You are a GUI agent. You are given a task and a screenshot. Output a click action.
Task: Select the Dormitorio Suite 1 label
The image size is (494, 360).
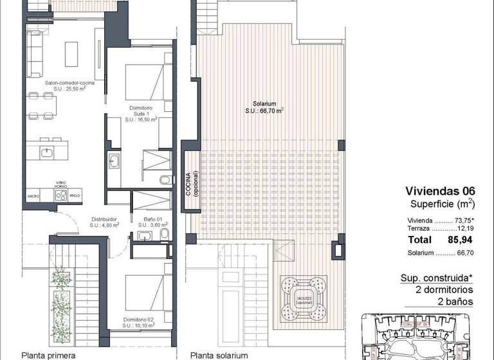click(x=141, y=113)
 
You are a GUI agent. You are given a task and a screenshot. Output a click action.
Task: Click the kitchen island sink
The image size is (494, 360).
click(x=48, y=152)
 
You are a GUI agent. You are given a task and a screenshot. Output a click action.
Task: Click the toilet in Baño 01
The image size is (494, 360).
click(x=163, y=236)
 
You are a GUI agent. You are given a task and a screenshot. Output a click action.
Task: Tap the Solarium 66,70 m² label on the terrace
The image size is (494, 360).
click(x=264, y=107)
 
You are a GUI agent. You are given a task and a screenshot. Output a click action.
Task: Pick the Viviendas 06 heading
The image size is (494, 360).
click(x=440, y=191)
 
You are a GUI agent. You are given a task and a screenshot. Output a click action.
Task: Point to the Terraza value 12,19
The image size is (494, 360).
click(x=462, y=228)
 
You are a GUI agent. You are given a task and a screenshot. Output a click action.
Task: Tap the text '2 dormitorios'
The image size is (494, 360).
click(x=442, y=289)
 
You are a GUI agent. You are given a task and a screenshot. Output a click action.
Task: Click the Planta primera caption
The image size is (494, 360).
click(x=49, y=354)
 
